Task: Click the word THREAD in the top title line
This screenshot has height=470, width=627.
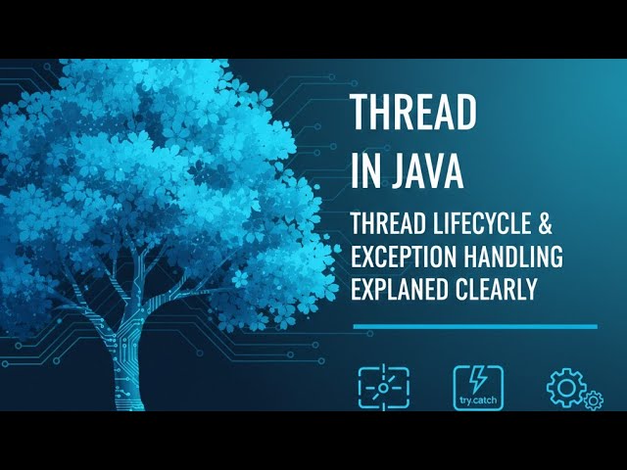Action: click(x=413, y=115)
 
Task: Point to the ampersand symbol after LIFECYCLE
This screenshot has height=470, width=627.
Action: click(x=545, y=223)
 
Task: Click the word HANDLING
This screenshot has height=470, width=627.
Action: click(x=518, y=258)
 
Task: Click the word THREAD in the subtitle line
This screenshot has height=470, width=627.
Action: click(x=383, y=223)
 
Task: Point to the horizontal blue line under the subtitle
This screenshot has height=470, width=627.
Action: click(x=474, y=327)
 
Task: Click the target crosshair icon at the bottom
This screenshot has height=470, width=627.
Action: click(x=384, y=387)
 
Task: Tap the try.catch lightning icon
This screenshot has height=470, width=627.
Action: click(x=478, y=388)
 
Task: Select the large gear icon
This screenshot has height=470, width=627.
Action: click(x=565, y=387)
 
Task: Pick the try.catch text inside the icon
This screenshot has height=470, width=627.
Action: click(x=478, y=400)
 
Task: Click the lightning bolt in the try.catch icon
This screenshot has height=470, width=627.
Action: click(x=478, y=380)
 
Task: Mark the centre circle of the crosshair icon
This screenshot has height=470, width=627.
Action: click(x=384, y=387)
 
